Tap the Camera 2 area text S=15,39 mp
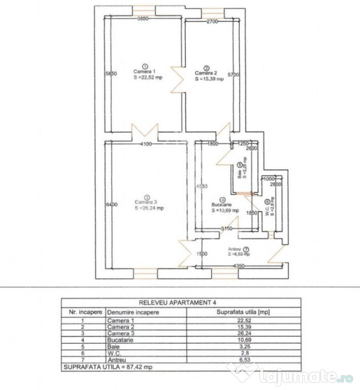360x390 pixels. (x=209, y=79)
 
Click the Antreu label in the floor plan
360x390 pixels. (x=235, y=249)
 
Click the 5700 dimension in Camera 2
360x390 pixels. (x=234, y=75)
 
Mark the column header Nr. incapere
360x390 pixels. (x=83, y=311)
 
